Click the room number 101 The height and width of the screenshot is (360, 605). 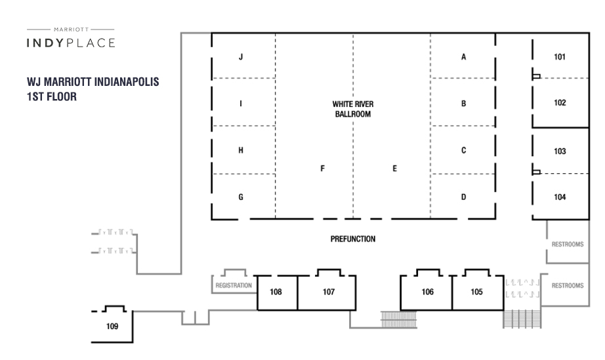point(560,57)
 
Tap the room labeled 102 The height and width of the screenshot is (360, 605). point(560,104)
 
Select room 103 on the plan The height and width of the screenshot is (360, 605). point(560,151)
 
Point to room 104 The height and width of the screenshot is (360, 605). point(560,197)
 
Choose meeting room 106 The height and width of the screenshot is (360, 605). point(428,291)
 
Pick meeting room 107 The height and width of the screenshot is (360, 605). point(328,292)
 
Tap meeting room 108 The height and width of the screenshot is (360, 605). point(276,292)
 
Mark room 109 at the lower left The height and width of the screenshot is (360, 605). point(113,326)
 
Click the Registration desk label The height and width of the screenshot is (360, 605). point(234,285)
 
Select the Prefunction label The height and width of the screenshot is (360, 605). point(352,239)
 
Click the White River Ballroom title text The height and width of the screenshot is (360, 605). point(352,109)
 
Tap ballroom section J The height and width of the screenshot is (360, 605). point(241,57)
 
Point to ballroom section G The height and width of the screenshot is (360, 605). point(241,197)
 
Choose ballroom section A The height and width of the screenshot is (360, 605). point(463,57)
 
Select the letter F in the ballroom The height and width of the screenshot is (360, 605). point(322,169)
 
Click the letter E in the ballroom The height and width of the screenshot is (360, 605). point(394,169)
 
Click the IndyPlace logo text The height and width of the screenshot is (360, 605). point(71,43)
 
